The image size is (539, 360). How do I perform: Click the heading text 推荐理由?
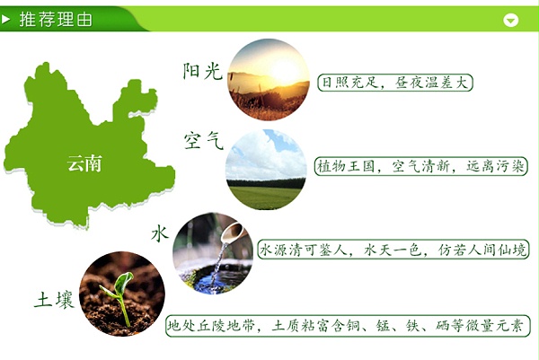tap(56, 19)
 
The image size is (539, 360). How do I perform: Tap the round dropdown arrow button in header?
tap(511, 20)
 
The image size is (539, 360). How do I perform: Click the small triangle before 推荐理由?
tap(8, 19)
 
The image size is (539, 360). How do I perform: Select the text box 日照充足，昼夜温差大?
tap(395, 82)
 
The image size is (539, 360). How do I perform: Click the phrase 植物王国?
tap(343, 167)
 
